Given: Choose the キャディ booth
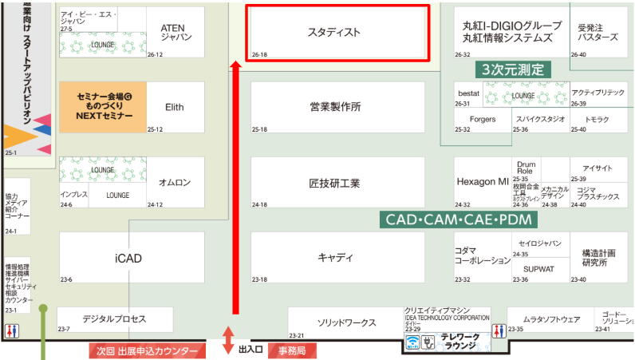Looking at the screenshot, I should coord(335,257).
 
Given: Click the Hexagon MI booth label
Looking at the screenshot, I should coord(482,181).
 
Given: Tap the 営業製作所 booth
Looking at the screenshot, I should coord(335,106).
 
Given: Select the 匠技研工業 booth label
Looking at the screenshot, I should coord(335,183).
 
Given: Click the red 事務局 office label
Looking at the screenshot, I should coord(292,350).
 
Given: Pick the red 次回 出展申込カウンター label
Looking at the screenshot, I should coord(147,350).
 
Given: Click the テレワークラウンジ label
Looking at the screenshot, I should coord(463,342).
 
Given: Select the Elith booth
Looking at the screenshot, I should coord(175,106).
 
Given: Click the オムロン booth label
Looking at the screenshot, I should coord(175,183).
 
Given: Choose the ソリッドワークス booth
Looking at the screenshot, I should coord(346,322).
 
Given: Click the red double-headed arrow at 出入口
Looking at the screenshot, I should coord(229,340).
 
